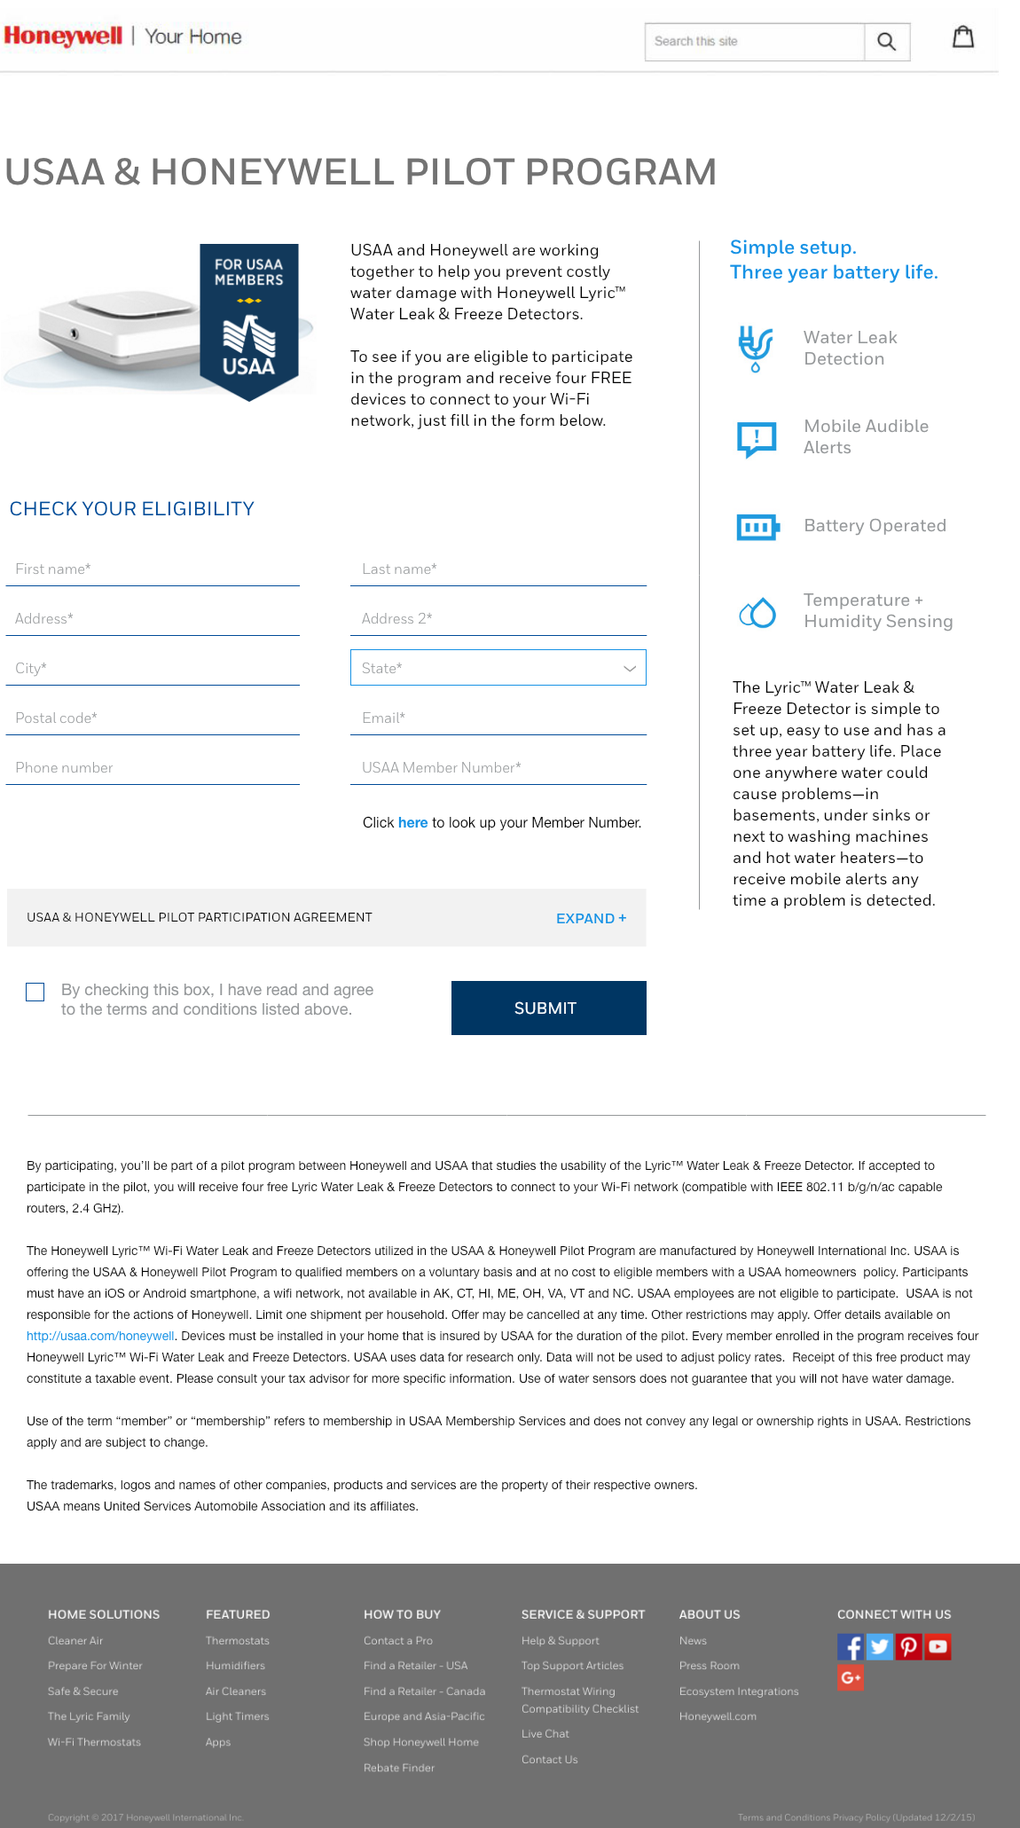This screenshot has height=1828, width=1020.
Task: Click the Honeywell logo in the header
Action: point(64,36)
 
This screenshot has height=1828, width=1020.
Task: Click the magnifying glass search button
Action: point(886,42)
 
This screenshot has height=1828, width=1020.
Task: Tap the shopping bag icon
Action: point(963,37)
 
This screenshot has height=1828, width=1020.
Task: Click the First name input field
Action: point(153,569)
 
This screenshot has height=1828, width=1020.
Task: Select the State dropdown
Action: point(498,668)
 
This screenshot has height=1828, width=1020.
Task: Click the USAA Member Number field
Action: point(498,768)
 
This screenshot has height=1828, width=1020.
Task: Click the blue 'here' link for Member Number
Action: point(412,823)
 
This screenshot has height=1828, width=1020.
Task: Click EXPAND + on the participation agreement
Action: point(591,919)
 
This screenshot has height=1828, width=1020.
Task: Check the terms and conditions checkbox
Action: point(35,992)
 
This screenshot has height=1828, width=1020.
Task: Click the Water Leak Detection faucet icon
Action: point(756,348)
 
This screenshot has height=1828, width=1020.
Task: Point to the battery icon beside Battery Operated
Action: point(757,527)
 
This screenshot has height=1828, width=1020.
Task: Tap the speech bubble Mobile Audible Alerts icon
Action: point(757,438)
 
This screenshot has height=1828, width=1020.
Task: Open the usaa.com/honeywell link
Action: point(100,1336)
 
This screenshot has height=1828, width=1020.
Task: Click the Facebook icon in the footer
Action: point(850,1647)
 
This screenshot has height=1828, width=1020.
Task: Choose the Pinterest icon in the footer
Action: point(908,1647)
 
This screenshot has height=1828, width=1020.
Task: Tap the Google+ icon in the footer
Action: point(850,1677)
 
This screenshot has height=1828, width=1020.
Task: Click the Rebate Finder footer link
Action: point(399,1768)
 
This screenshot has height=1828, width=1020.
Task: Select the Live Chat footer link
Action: point(545,1734)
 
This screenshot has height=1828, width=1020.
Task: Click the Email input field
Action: point(498,718)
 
